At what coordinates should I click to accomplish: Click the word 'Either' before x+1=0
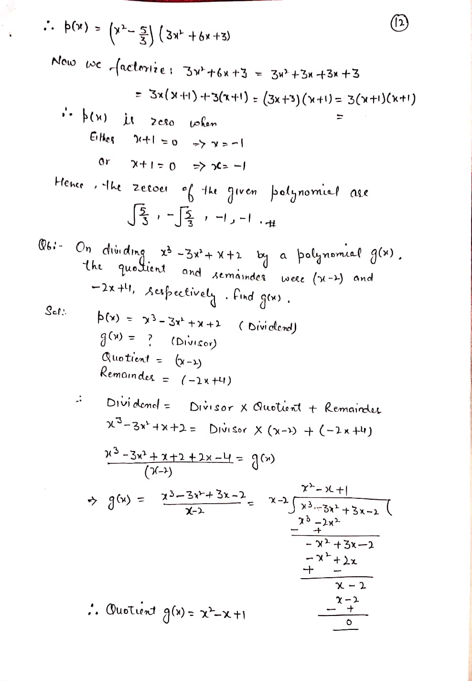click(x=103, y=137)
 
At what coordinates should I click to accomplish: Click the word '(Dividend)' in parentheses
click(x=268, y=327)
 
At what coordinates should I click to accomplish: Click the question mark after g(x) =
click(x=150, y=340)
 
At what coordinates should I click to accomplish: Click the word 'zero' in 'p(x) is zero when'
click(x=161, y=123)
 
